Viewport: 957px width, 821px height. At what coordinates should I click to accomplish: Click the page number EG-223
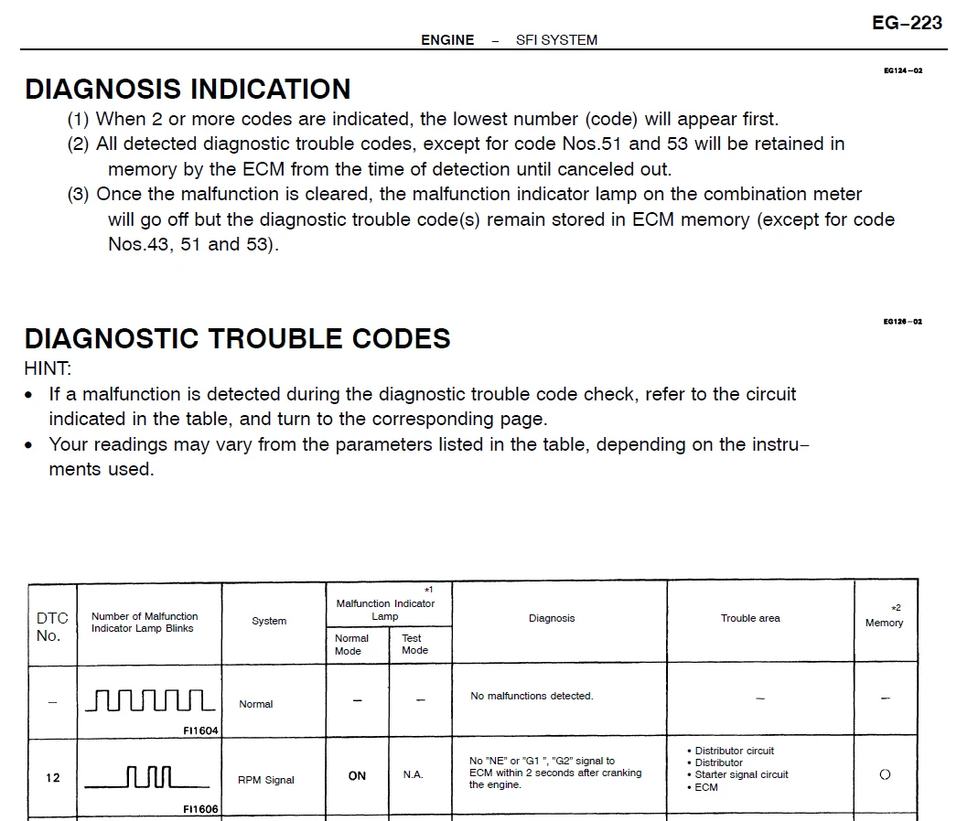coord(907,23)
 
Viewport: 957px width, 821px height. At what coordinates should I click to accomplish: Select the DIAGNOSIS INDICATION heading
coord(188,89)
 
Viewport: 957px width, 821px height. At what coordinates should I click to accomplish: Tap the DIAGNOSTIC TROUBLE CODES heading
coord(237,338)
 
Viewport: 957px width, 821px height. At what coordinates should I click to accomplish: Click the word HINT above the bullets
coord(47,368)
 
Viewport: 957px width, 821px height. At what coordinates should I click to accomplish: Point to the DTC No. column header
coord(52,626)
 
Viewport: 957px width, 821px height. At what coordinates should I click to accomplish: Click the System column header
coord(269,621)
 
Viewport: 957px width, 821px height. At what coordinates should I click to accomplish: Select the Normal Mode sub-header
coord(352,645)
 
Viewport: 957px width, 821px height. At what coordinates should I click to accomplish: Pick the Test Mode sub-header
coord(414,645)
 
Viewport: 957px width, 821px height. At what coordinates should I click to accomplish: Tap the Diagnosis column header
coord(552,618)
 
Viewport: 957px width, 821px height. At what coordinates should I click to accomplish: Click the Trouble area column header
coord(750,618)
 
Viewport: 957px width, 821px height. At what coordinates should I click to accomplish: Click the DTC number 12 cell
coord(53,778)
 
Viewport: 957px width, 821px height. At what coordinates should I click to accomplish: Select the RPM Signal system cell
coord(266,780)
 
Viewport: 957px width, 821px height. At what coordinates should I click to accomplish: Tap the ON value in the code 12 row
coord(357,775)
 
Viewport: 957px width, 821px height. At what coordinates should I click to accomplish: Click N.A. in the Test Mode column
coord(414,775)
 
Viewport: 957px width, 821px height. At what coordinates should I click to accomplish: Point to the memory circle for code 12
coord(885,774)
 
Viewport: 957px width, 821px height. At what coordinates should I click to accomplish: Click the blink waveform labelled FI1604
coord(150,700)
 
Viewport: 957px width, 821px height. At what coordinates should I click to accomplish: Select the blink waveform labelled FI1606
coord(147,778)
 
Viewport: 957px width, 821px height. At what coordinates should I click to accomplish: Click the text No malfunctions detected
coord(532,696)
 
